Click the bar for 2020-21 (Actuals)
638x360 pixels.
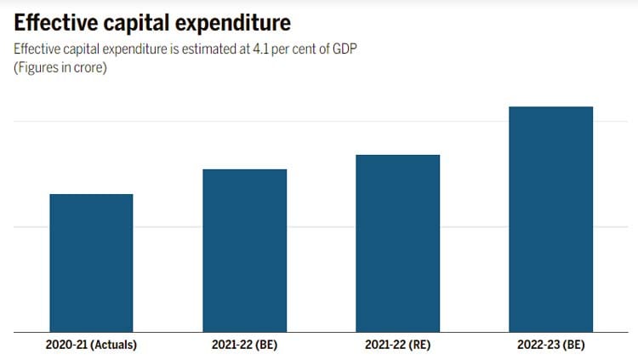[91, 262]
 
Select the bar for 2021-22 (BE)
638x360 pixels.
[244, 250]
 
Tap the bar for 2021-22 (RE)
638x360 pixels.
[397, 243]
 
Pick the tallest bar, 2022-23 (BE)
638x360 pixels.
[550, 219]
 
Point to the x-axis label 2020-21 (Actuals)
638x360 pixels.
[91, 345]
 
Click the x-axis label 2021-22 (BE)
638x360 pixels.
[244, 345]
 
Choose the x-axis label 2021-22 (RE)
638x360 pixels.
[397, 345]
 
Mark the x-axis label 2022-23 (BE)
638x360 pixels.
[550, 345]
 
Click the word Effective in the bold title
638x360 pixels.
[55, 22]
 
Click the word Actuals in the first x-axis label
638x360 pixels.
[111, 345]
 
